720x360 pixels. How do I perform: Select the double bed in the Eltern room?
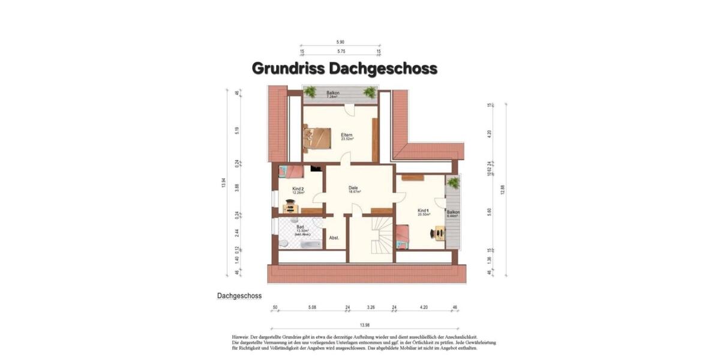[x=317, y=138]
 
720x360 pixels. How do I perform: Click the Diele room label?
[x=353, y=188]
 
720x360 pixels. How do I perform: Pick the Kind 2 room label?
[x=298, y=189]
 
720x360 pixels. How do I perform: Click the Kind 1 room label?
[x=423, y=211]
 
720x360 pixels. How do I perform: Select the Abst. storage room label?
[x=334, y=238]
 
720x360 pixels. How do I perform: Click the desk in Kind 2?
[x=290, y=208]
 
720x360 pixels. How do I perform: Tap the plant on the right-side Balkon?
[x=453, y=182]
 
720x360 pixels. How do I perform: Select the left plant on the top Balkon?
[x=310, y=92]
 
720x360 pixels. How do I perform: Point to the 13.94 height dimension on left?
[x=224, y=183]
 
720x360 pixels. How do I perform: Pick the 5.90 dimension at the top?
[x=340, y=42]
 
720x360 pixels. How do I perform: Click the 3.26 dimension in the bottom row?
[x=371, y=307]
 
